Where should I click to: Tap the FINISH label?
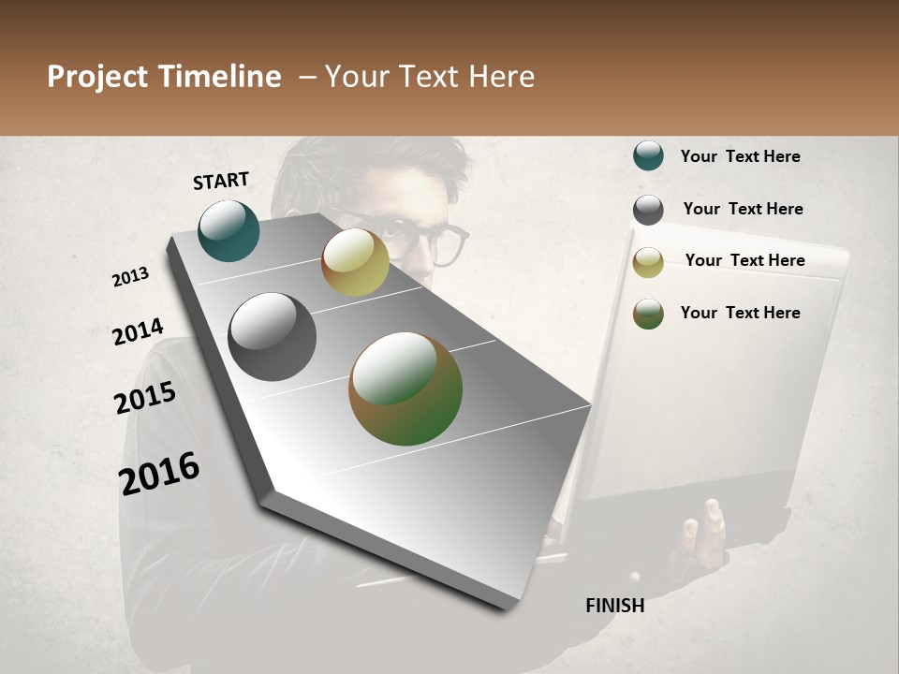pos(614,606)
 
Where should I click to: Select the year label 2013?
pos(131,277)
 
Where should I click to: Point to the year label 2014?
pos(138,331)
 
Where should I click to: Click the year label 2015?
pos(145,398)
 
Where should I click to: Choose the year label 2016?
pos(159,473)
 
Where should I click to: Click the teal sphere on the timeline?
pos(228,230)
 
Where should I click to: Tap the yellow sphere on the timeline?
pos(355,262)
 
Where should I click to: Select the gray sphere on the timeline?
pos(272,337)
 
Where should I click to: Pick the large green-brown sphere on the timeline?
pos(405,388)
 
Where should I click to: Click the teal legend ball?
pos(648,156)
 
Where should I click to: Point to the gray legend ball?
pos(648,210)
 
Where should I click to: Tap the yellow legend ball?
pos(648,262)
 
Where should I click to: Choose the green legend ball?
pos(648,314)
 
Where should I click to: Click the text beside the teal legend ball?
pos(740,156)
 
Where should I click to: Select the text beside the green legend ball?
pos(740,313)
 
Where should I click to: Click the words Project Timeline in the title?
pos(164,77)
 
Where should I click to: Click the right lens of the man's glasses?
pos(449,245)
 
